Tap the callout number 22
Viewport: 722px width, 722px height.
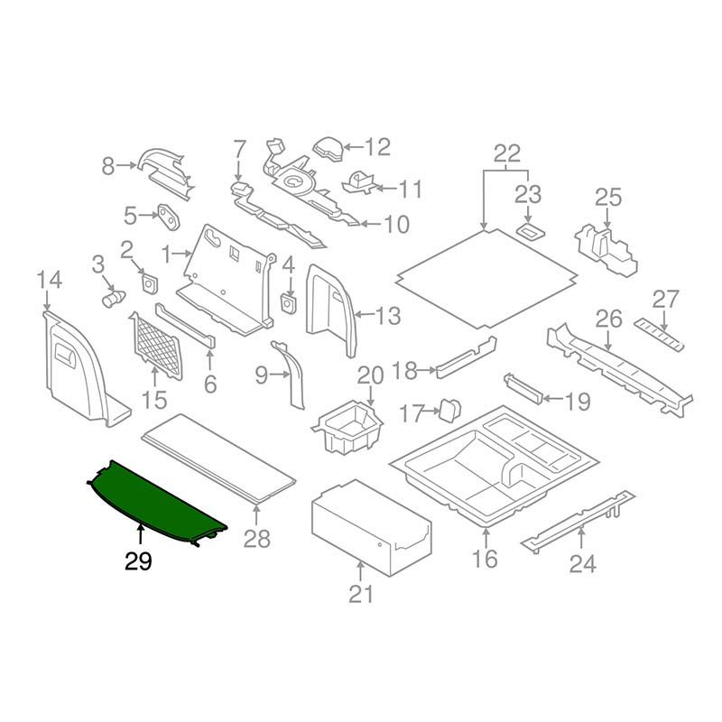coord(507,153)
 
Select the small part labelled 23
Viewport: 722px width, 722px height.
coord(530,231)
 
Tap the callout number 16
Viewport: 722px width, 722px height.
coord(485,560)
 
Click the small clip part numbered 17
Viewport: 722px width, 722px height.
coord(449,411)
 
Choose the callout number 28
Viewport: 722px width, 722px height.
coord(257,541)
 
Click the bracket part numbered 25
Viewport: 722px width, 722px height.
coord(605,244)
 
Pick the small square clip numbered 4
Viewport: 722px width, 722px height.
coord(289,301)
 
